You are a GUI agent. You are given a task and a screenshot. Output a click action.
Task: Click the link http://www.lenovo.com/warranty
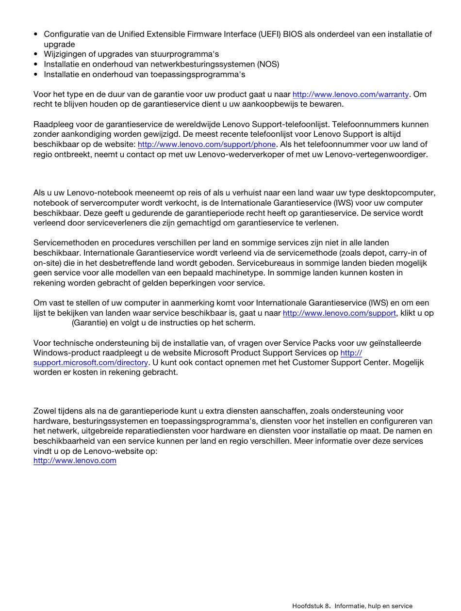tap(350, 95)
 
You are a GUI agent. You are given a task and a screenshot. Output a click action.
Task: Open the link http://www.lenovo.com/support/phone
tap(207, 145)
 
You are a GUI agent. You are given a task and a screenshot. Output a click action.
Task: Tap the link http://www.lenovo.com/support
tap(339, 313)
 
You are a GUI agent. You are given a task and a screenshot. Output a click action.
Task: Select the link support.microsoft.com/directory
tap(91, 363)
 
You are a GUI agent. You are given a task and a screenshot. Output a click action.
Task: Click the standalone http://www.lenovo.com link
tap(75, 461)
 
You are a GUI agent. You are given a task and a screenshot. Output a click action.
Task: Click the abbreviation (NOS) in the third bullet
tap(268, 64)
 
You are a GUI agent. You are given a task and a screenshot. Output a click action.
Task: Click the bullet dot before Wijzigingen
tap(36, 54)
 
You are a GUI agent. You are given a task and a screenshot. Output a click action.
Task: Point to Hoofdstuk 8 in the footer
tap(311, 606)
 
